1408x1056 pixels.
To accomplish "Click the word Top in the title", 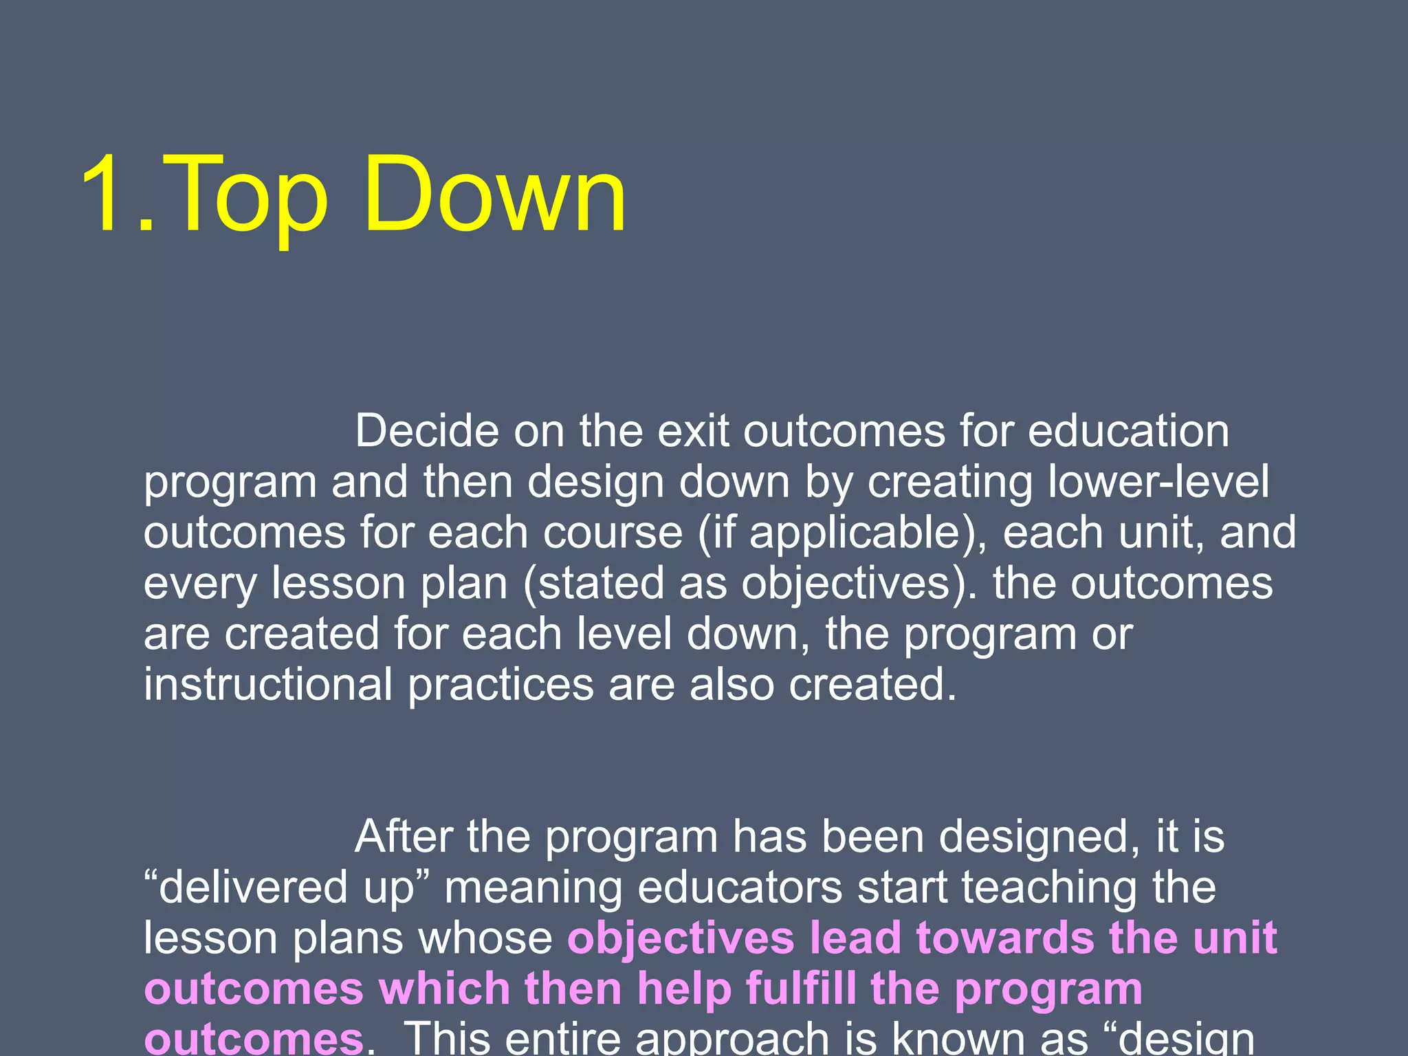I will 244,196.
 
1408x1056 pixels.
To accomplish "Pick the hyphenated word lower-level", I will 1158,482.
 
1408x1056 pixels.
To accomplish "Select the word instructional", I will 267,685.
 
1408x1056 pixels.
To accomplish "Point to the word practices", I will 500,685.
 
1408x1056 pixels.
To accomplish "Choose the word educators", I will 740,888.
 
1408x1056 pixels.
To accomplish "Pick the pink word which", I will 444,989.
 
